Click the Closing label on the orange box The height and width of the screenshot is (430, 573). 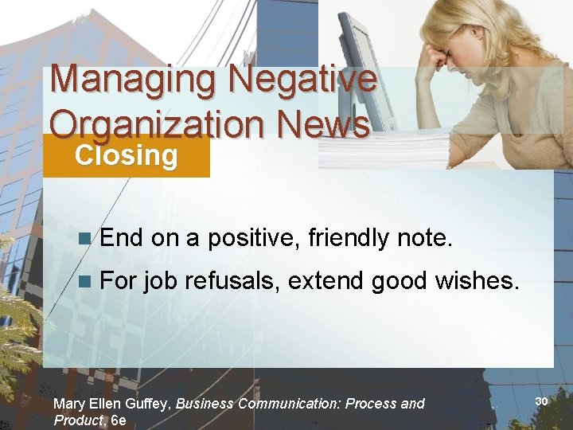point(126,155)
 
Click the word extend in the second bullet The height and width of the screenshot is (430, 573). point(322,280)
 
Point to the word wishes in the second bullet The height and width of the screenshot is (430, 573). point(477,280)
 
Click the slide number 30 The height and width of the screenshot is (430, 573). point(541,401)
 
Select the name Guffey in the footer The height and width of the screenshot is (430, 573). point(146,404)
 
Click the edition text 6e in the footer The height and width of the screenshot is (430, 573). point(119,420)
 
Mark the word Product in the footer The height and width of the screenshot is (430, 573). point(78,420)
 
